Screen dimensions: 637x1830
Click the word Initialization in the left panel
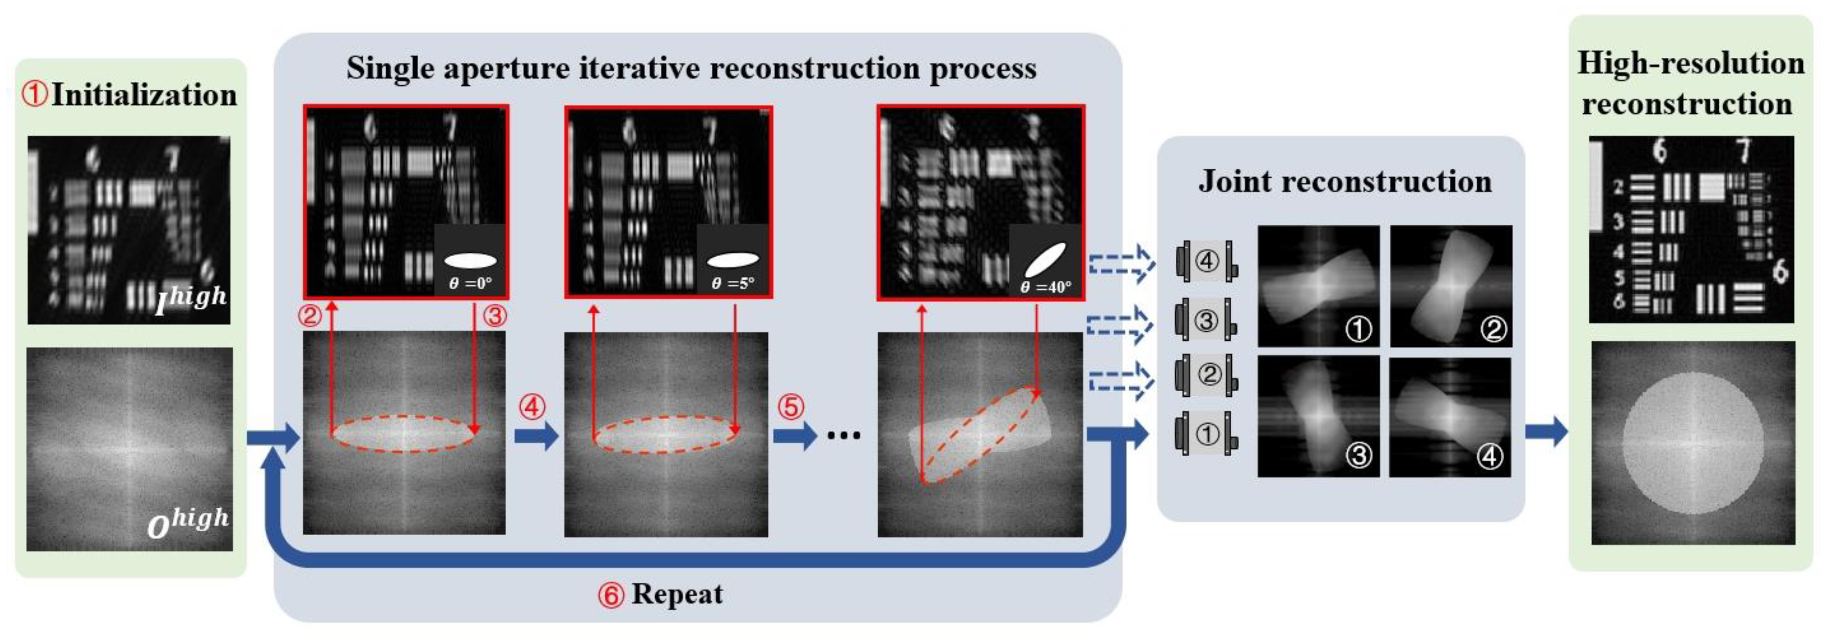[x=144, y=95]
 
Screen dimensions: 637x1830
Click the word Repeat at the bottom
[x=677, y=594]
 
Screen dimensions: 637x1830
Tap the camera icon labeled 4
[x=1206, y=261]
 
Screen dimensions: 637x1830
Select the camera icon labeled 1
[x=1206, y=434]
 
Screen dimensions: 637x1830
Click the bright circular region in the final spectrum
[x=1693, y=442]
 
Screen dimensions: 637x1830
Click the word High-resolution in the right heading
[x=1691, y=63]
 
